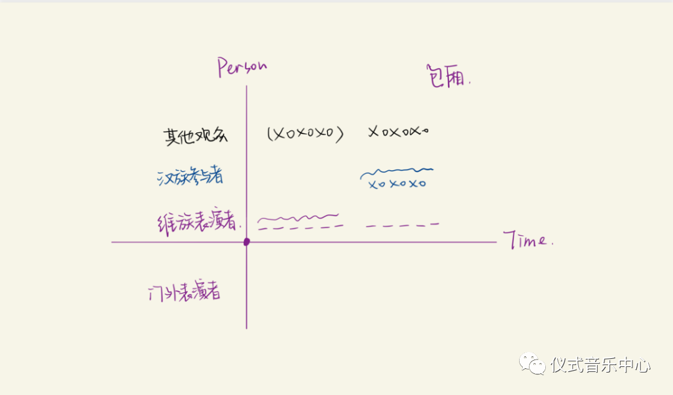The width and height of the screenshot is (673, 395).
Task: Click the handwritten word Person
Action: click(242, 67)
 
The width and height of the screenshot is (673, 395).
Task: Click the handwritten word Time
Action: click(528, 240)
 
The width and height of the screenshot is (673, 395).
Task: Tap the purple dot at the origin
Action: click(247, 242)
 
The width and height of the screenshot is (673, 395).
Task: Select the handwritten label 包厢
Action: click(448, 76)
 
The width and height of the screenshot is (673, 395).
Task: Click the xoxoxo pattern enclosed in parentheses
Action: click(305, 133)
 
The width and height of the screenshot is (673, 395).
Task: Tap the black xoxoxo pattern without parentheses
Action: click(399, 132)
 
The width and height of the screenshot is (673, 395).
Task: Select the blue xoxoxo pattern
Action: click(397, 184)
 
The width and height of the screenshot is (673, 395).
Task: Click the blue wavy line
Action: click(396, 172)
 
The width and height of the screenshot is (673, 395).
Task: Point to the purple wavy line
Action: click(298, 218)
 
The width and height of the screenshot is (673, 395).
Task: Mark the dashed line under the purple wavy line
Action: click(300, 227)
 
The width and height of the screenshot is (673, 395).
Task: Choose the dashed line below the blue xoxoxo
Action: click(402, 225)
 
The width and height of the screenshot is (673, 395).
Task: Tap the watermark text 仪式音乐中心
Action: click(601, 364)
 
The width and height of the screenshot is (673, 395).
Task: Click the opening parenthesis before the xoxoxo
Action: click(269, 134)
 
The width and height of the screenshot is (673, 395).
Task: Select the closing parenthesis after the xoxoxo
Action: click(340, 134)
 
